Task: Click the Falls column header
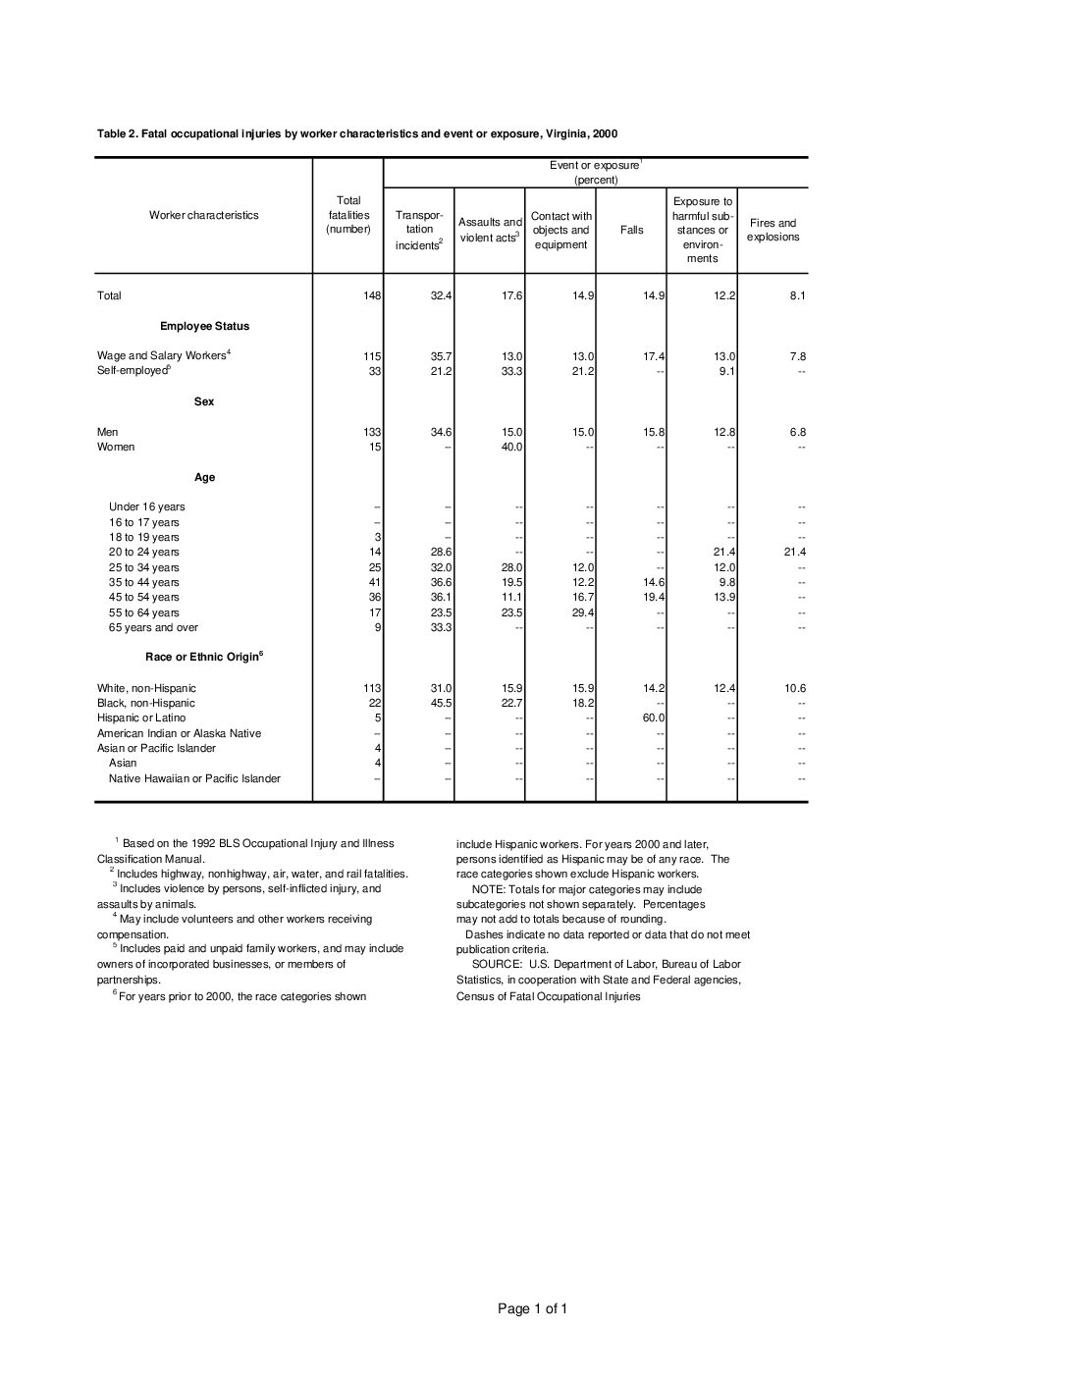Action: coord(632,231)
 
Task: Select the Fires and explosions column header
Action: coord(773,230)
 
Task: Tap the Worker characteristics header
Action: coord(204,215)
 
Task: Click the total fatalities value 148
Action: coord(372,295)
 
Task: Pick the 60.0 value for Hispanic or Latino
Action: coord(654,718)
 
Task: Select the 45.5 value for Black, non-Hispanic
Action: coord(441,703)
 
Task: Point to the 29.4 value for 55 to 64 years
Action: coord(583,612)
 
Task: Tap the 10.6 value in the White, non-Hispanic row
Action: coord(795,688)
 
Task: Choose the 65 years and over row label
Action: coord(153,627)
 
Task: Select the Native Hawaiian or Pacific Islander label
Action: coord(194,778)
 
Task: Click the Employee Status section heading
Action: coord(204,326)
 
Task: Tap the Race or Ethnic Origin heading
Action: coord(204,657)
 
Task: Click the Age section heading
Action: coord(204,477)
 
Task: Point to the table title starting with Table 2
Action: coord(357,133)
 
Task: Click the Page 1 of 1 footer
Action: coord(532,1308)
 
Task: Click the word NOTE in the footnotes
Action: coord(488,889)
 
